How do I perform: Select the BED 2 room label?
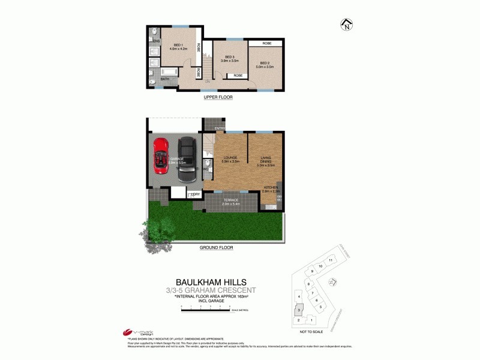click(266, 65)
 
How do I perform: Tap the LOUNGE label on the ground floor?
click(230, 158)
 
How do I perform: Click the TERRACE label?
click(231, 200)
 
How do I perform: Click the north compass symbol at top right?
click(346, 25)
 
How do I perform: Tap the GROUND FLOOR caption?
click(215, 247)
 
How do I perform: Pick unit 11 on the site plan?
click(331, 260)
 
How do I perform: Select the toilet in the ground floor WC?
click(206, 164)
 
